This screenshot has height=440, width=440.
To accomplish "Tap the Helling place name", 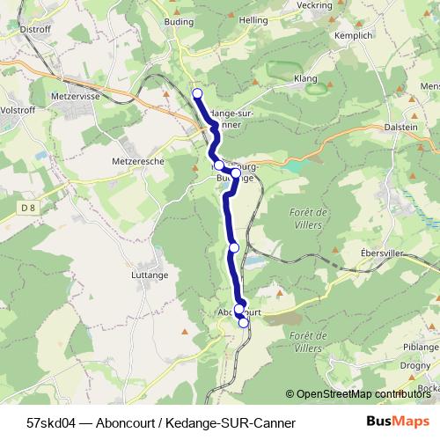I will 253,19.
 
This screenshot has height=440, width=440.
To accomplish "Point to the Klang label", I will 306,78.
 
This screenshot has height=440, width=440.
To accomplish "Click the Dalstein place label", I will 404,126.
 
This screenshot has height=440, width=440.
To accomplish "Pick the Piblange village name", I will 419,347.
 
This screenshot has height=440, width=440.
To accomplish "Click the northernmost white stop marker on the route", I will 197,93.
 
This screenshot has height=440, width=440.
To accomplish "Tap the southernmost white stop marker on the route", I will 244,323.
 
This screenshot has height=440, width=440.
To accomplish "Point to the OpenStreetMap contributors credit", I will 362,394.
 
